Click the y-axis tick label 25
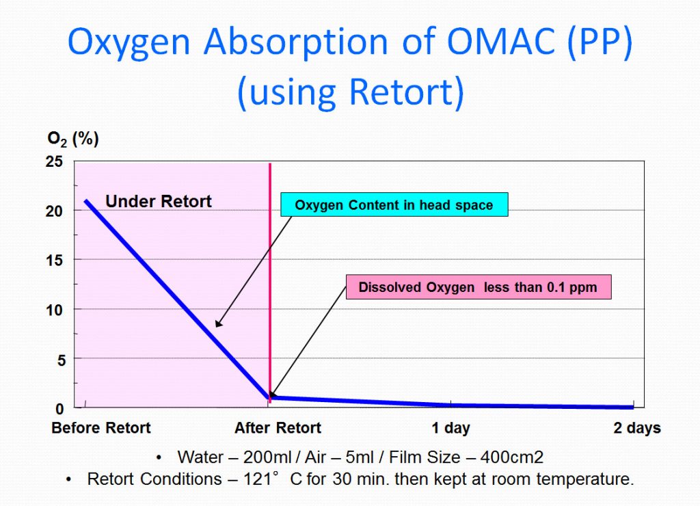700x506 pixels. tap(54, 161)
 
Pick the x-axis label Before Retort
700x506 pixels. tap(101, 428)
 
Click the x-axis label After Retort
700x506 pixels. tap(278, 428)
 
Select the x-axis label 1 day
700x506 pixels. tap(450, 428)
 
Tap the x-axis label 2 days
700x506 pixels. tap(636, 428)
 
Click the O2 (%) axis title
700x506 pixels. tap(73, 139)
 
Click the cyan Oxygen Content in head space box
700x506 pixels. tap(394, 205)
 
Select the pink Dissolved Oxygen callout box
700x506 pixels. tap(478, 287)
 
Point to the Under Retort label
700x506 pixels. tap(159, 201)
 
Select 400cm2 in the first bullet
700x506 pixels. tap(489, 457)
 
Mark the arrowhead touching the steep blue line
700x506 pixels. tap(218, 323)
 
